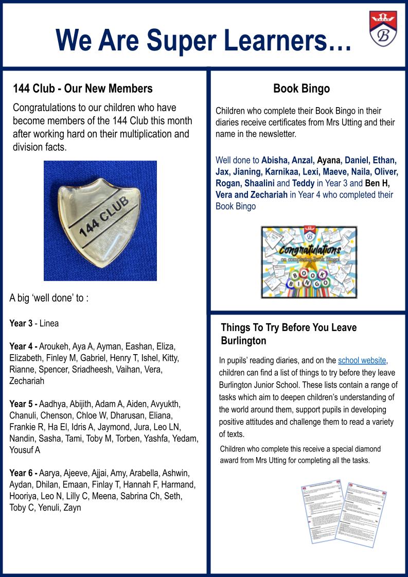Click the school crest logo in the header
coord(382,29)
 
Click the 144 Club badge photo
coord(100,221)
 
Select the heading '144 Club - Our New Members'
coord(83,89)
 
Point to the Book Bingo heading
coord(301,89)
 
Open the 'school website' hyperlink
coord(362,360)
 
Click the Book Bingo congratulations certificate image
coord(309,262)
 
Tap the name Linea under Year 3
coord(49,323)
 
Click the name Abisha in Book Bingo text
coord(275,160)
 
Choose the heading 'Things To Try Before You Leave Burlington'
coord(289,334)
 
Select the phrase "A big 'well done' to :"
coord(49,298)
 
